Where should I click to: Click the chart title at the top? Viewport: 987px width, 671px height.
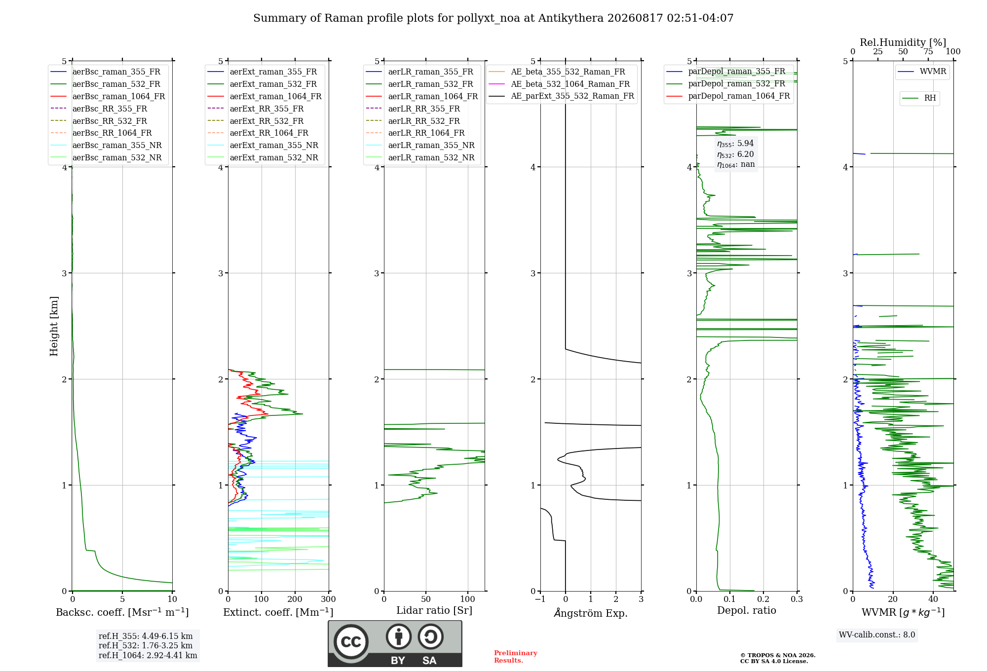point(493,18)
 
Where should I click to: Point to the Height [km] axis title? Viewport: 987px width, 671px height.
point(54,326)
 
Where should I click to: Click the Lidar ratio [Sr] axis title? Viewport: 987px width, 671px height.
point(434,610)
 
